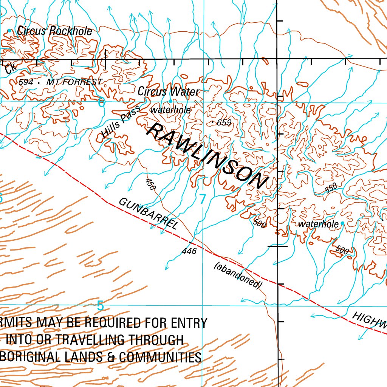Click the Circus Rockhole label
[54, 31]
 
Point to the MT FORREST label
[74, 82]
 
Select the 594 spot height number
[26, 82]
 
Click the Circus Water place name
[168, 91]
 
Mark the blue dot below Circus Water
[170, 101]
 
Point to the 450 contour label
[150, 184]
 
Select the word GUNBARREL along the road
[148, 214]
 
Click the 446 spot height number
[189, 251]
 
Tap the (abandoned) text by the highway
[238, 276]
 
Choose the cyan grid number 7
[203, 199]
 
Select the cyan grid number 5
[100, 305]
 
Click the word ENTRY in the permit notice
[189, 323]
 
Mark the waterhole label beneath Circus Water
[170, 110]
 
